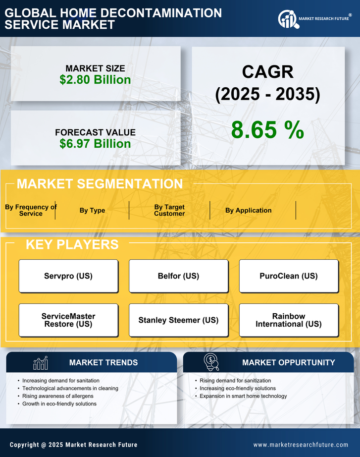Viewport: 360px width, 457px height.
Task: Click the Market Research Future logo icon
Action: point(287,19)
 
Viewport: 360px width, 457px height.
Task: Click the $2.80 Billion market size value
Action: point(95,80)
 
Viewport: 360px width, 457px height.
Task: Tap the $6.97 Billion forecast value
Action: point(95,144)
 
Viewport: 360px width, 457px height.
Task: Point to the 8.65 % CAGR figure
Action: point(267,130)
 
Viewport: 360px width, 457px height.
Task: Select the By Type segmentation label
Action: point(92,210)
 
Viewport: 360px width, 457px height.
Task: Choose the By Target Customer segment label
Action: point(169,210)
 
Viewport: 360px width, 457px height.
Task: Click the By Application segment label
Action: point(248,210)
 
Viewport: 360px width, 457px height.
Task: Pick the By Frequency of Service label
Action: point(31,210)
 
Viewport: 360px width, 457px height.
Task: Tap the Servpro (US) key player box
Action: point(68,276)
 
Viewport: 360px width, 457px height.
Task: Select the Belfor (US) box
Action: point(178,276)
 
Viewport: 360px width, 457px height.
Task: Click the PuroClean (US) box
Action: point(289,276)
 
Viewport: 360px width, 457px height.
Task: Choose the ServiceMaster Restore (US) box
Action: point(68,320)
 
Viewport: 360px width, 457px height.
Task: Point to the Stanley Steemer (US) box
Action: point(178,320)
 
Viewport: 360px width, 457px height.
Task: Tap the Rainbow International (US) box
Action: point(289,320)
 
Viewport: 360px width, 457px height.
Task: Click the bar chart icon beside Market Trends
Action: point(40,363)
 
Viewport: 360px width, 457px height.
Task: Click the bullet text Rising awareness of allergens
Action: point(58,396)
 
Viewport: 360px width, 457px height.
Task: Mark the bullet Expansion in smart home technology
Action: point(243,396)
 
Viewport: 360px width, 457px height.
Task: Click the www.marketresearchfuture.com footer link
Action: point(301,445)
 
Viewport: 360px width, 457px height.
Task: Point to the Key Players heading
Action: point(72,244)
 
